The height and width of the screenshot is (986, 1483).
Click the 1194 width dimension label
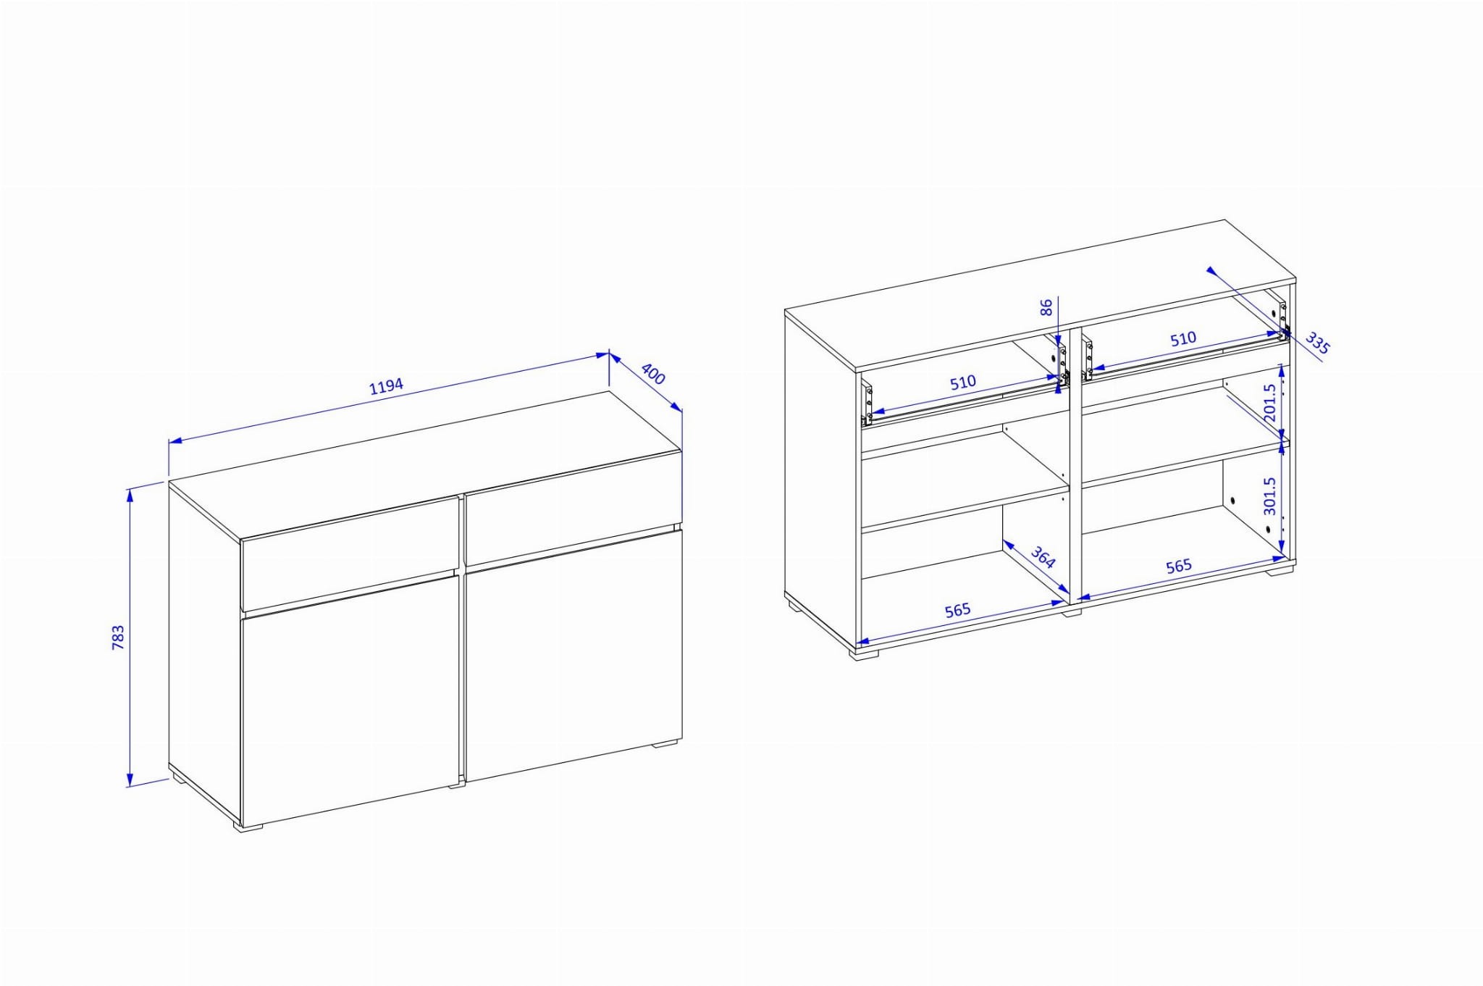click(x=387, y=386)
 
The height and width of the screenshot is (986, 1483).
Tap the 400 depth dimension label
click(x=653, y=374)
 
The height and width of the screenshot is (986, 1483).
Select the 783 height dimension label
click(x=118, y=637)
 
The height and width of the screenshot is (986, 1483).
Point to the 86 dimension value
click(x=1046, y=308)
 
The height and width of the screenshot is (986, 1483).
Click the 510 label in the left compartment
click(x=963, y=382)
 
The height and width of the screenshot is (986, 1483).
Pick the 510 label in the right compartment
click(x=1182, y=338)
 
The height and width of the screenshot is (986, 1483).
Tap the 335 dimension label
click(x=1317, y=343)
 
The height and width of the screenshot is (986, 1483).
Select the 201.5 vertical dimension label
click(x=1269, y=403)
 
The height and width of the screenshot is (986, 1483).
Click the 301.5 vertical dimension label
click(x=1269, y=496)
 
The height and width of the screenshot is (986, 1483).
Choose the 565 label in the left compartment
click(x=957, y=611)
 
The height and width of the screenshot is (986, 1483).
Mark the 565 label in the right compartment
click(x=1178, y=566)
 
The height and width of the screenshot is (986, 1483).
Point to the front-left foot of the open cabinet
click(x=863, y=654)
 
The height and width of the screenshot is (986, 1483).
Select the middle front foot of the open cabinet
click(x=1072, y=611)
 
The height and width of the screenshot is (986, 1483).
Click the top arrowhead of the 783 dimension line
click(x=130, y=494)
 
